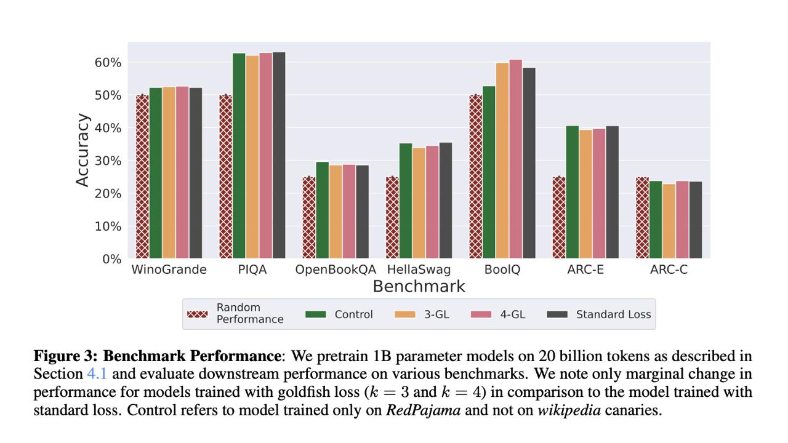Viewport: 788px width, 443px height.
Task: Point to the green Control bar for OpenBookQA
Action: pyautogui.click(x=322, y=210)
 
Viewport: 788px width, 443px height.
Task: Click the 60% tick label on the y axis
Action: pyautogui.click(x=108, y=63)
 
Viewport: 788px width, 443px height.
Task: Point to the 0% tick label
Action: pyautogui.click(x=111, y=259)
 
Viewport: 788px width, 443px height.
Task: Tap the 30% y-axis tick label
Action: pyautogui.click(x=108, y=161)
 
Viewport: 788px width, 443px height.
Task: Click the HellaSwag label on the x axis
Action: pyautogui.click(x=419, y=269)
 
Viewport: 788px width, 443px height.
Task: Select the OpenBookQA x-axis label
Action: pyautogui.click(x=335, y=269)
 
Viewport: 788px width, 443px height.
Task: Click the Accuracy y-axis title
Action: pyautogui.click(x=82, y=150)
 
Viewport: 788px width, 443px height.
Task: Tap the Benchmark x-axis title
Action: pyautogui.click(x=419, y=287)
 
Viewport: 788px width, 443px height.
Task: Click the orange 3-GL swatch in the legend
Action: pyautogui.click(x=404, y=314)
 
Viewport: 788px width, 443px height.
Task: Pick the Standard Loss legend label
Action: pyautogui.click(x=613, y=314)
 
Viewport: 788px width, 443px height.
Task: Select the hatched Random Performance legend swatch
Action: pyautogui.click(x=197, y=314)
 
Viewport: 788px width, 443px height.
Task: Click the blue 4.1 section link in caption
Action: pyautogui.click(x=98, y=374)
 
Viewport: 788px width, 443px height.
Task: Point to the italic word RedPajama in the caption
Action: pyautogui.click(x=423, y=410)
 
